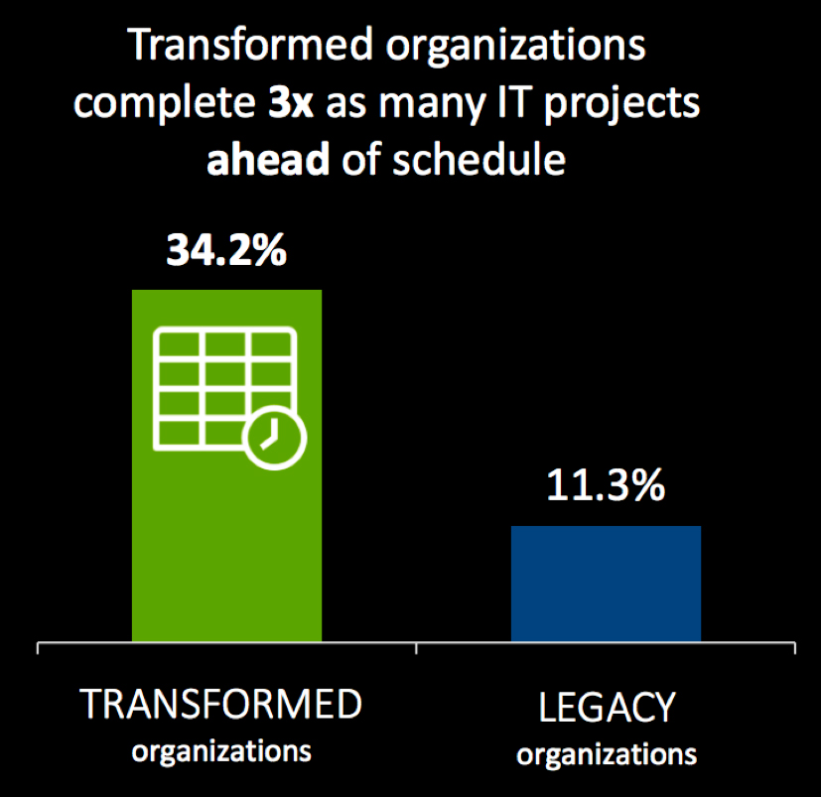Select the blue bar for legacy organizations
[606, 584]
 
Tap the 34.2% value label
[226, 250]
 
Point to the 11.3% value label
[606, 485]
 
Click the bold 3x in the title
[291, 103]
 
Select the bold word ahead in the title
[268, 159]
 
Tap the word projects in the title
[622, 105]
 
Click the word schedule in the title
[479, 158]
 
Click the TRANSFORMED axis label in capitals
[220, 705]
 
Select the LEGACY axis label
[607, 708]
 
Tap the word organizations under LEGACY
[607, 755]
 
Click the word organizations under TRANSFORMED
[221, 752]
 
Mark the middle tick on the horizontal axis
[416, 648]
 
